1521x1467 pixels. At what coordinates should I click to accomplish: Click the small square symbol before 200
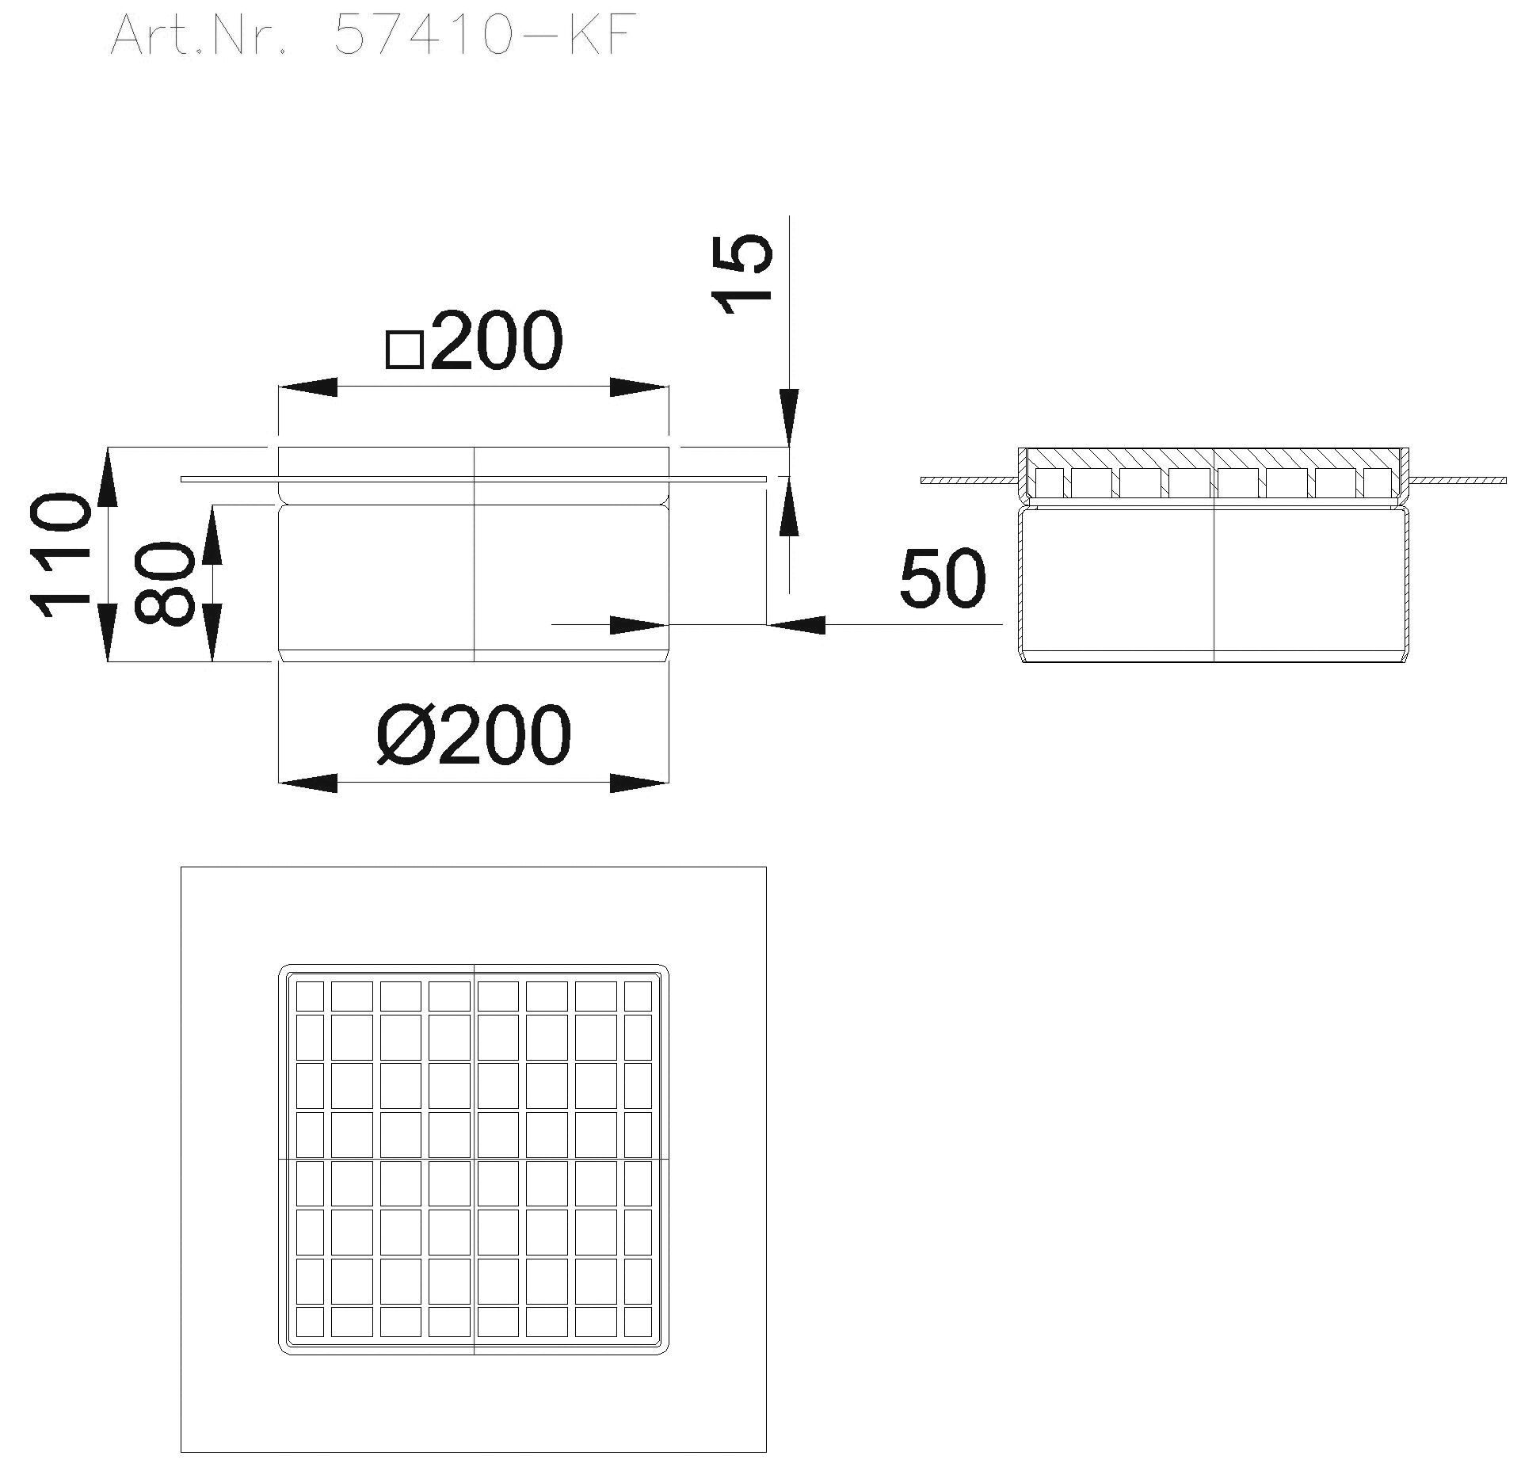[x=405, y=349]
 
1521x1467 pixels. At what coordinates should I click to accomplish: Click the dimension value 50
[x=943, y=578]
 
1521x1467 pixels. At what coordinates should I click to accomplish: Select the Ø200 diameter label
[x=474, y=734]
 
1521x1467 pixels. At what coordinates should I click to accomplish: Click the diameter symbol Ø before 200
[x=403, y=735]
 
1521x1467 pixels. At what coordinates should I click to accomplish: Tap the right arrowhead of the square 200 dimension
[x=639, y=387]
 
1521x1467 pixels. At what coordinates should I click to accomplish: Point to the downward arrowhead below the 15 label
[x=790, y=417]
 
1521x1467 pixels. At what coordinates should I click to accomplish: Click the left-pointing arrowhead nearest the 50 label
[x=797, y=625]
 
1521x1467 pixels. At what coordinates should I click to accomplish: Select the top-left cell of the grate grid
[x=310, y=996]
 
